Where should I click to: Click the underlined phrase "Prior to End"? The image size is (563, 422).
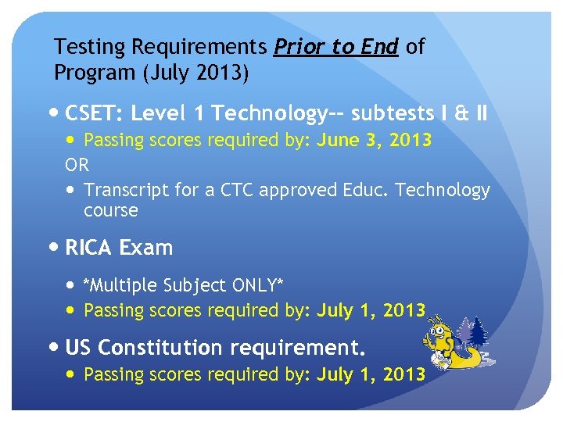pos(336,47)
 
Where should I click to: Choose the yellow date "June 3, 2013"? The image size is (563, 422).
pos(374,141)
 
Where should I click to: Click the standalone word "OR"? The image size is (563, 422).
pos(77,165)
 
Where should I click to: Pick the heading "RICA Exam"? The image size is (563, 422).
pos(119,249)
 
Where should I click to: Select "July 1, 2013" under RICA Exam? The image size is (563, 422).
pos(371,311)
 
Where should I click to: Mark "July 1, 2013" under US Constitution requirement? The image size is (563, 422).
pos(371,375)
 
